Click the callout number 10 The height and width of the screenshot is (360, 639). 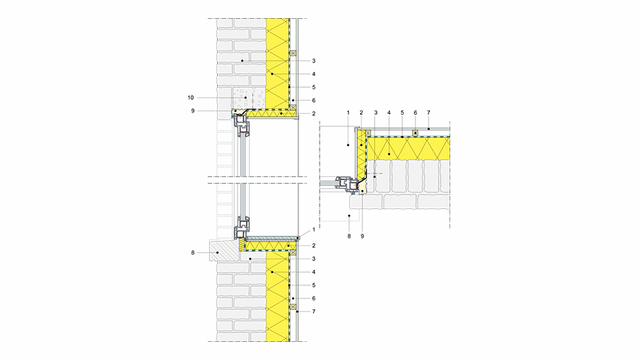click(x=191, y=96)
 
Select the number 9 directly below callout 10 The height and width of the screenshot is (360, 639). click(x=193, y=110)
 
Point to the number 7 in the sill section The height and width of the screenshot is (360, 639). click(x=314, y=311)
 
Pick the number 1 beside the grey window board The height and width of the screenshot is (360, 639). click(x=314, y=230)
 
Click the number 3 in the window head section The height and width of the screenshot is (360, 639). click(x=314, y=60)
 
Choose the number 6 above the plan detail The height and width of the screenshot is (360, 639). click(x=415, y=112)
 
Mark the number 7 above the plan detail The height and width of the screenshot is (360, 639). click(x=429, y=112)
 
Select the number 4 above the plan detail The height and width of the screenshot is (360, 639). click(x=389, y=112)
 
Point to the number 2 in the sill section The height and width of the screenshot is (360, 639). click(x=314, y=246)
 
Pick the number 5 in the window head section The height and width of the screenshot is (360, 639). click(x=314, y=87)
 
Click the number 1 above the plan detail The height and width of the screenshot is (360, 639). click(x=349, y=112)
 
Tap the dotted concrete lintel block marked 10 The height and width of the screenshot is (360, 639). click(x=244, y=97)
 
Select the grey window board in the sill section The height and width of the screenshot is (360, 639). click(x=272, y=238)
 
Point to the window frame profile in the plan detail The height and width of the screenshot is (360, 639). click(x=347, y=184)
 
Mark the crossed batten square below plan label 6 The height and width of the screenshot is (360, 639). click(x=415, y=133)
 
